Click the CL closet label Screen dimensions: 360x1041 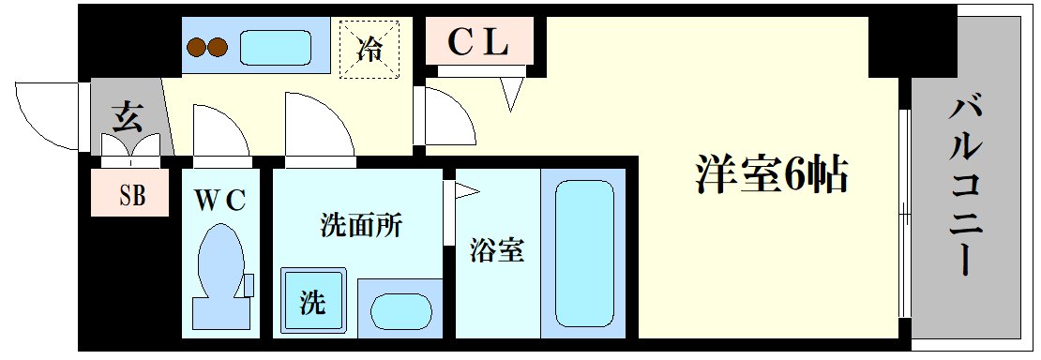(x=478, y=40)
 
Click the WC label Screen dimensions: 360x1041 (x=220, y=200)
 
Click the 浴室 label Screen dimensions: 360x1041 (x=496, y=250)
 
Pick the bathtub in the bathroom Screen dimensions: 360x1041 (x=583, y=253)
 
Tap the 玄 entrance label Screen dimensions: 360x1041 (x=128, y=119)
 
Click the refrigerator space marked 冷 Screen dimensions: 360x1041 (x=370, y=49)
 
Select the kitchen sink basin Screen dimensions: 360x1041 (x=276, y=47)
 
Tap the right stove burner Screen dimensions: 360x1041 (x=219, y=48)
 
